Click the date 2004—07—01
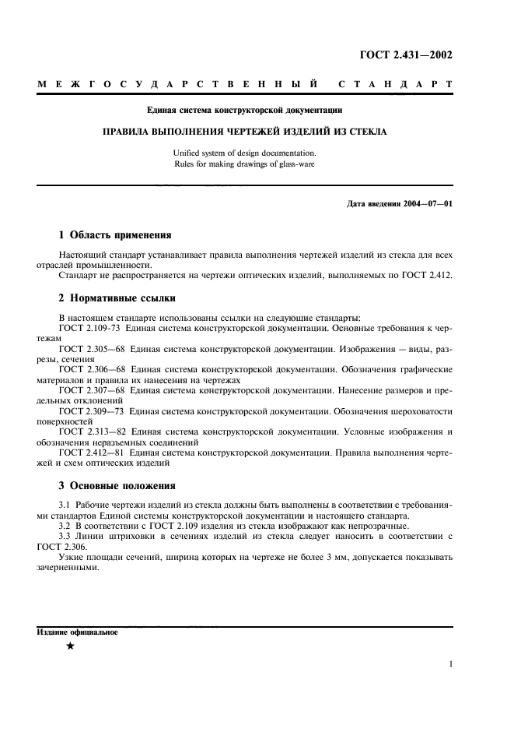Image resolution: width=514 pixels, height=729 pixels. click(428, 204)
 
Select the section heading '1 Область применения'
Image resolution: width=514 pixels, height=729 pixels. click(115, 234)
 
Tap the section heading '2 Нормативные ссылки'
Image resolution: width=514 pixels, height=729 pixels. click(117, 298)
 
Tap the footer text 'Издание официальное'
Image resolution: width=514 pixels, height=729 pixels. click(77, 632)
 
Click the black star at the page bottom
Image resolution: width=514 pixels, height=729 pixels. click(70, 647)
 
